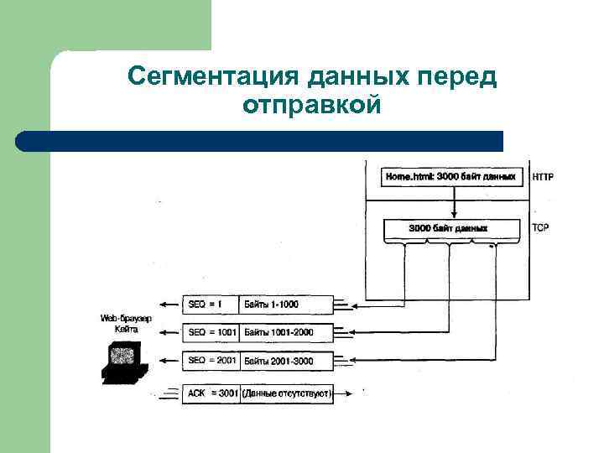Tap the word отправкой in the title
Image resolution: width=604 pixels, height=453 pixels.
click(x=311, y=107)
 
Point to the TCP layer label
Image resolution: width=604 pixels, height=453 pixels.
click(x=541, y=227)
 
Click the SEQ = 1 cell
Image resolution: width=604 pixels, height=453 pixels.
click(x=211, y=304)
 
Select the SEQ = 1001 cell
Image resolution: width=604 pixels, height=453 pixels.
click(x=211, y=332)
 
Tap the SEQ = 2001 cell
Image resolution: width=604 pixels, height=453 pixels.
click(x=211, y=361)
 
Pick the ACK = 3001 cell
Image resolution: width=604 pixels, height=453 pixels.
click(x=211, y=393)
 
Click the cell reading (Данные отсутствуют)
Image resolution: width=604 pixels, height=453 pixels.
click(x=287, y=393)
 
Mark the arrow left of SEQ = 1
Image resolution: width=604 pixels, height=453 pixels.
click(x=169, y=304)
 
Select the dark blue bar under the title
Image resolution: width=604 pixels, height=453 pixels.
click(x=260, y=141)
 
